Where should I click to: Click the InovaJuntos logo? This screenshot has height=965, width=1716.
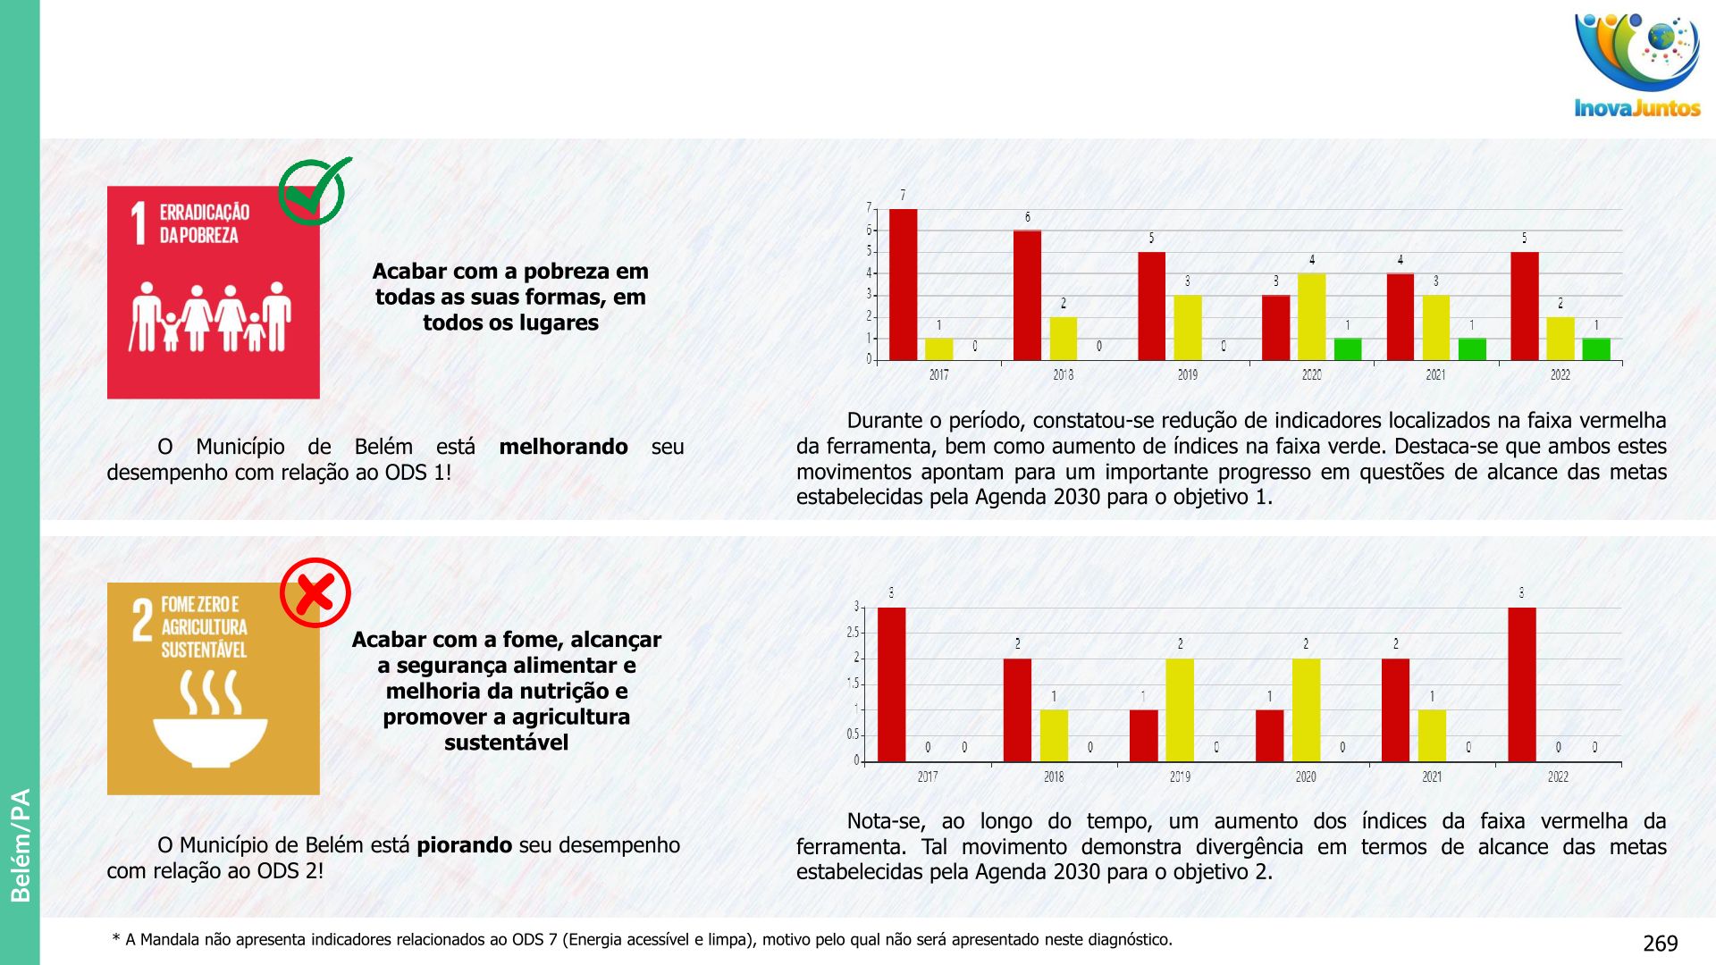[x=1636, y=64]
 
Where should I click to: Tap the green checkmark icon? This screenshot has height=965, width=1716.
[x=314, y=191]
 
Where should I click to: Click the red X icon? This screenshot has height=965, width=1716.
[x=315, y=592]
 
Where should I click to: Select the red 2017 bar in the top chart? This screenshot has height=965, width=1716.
[x=903, y=284]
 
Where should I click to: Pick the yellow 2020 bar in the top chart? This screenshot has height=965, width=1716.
[x=1311, y=316]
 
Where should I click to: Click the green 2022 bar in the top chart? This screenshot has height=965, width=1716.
[x=1595, y=348]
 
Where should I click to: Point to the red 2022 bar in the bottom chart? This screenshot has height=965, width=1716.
[x=1521, y=684]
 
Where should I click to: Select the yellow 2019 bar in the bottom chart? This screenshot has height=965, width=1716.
[x=1180, y=710]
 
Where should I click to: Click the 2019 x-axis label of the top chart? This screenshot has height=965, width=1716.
[x=1187, y=375]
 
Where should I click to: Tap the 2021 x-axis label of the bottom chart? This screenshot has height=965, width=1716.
[x=1432, y=777]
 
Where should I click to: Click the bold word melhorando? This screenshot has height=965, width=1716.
[x=563, y=447]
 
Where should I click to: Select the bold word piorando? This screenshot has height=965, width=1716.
[x=465, y=845]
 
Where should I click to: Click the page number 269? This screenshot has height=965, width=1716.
[x=1660, y=944]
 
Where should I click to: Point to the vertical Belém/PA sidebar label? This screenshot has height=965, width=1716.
[x=20, y=844]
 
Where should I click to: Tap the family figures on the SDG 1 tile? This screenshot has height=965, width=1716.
[x=211, y=317]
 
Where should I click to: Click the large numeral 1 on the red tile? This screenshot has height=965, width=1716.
[x=139, y=222]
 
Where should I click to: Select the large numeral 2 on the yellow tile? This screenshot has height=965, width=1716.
[x=142, y=620]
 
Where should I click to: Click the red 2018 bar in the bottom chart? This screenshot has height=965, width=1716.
[x=1017, y=710]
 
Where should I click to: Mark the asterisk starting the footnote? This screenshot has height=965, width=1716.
[x=116, y=939]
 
